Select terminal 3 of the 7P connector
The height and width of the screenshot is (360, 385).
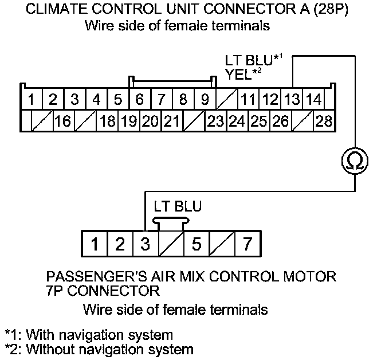[146, 245]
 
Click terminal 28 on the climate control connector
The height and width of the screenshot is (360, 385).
[324, 121]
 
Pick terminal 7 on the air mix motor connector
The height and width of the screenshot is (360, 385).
[247, 245]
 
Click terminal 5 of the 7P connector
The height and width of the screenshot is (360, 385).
[197, 245]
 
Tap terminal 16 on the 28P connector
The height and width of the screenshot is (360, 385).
[63, 121]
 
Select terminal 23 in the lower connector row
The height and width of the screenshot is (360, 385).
[215, 121]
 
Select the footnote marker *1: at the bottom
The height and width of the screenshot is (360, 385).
[13, 334]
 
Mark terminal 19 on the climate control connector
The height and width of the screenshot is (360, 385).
[129, 121]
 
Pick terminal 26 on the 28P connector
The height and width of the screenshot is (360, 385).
[281, 121]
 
